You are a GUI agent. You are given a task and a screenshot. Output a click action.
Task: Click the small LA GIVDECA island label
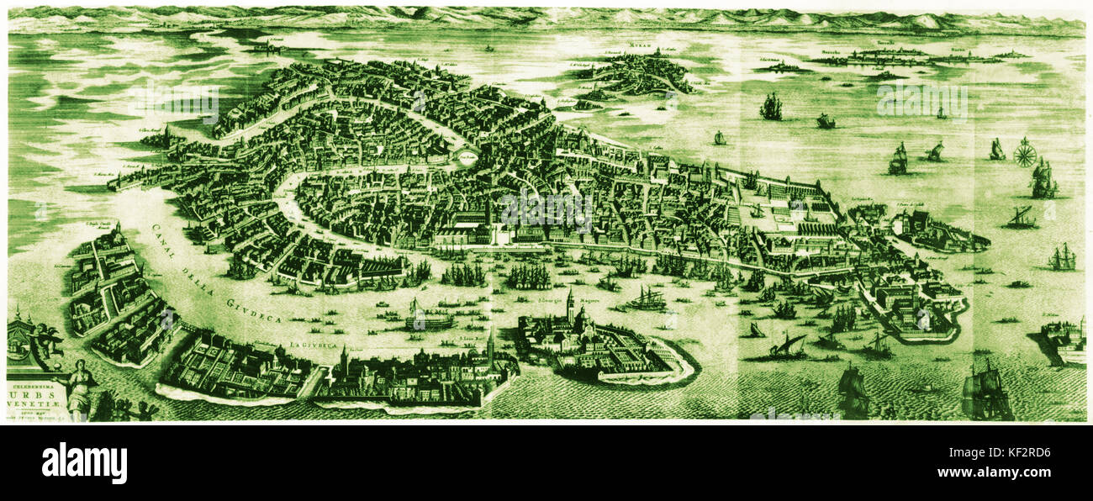coord(308,345)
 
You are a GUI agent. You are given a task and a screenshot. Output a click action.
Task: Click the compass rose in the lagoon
coord(1024,152)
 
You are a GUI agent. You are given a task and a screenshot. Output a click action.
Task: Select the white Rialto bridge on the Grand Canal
coord(467,157)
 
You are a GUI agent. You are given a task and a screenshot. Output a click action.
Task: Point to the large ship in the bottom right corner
coord(986,391)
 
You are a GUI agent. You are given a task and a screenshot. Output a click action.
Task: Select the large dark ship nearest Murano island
coord(770,107)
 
